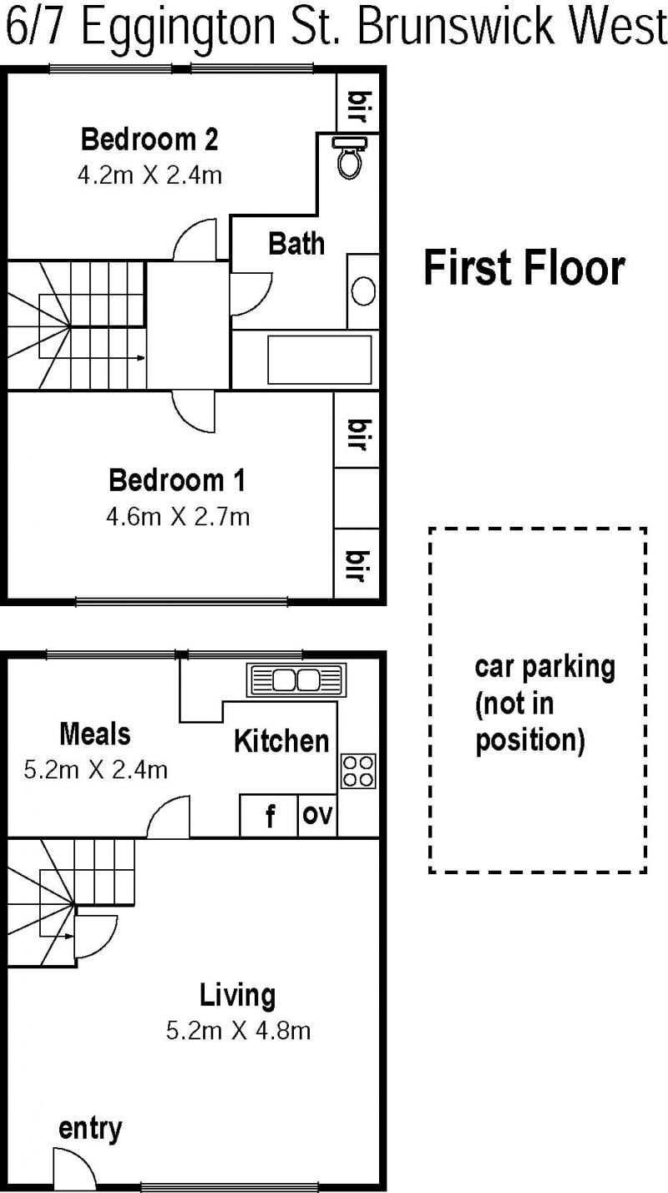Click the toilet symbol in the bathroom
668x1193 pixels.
pyautogui.click(x=350, y=157)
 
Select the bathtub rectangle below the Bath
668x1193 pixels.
pyautogui.click(x=320, y=360)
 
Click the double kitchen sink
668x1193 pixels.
pyautogui.click(x=296, y=680)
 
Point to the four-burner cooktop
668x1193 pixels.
pyautogui.click(x=358, y=771)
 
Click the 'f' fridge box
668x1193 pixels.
pyautogui.click(x=269, y=816)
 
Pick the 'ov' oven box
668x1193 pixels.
pyautogui.click(x=317, y=816)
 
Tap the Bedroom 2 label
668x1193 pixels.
pyautogui.click(x=149, y=139)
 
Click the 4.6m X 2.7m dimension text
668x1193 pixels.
pyautogui.click(x=178, y=517)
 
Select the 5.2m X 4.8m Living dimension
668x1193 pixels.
pyautogui.click(x=238, y=1030)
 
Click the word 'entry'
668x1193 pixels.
pyautogui.click(x=90, y=1129)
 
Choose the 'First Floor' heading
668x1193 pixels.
pyautogui.click(x=524, y=268)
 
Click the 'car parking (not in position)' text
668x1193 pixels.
pyautogui.click(x=544, y=704)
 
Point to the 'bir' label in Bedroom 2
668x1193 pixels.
pyautogui.click(x=361, y=107)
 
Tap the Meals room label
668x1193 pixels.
pyautogui.click(x=95, y=734)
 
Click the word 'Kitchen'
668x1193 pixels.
pyautogui.click(x=281, y=741)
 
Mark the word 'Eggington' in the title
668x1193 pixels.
pyautogui.click(x=179, y=27)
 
